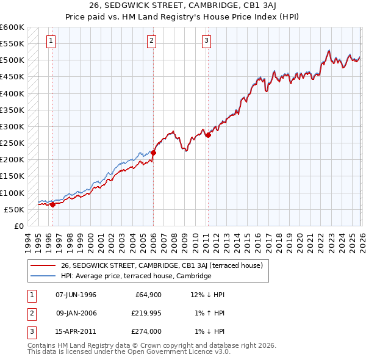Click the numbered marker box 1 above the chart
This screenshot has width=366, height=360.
pos(50,41)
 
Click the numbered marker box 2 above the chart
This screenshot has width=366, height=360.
pos(151,41)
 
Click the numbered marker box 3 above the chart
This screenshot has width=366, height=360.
pos(207,41)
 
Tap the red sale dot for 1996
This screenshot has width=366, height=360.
pos(52,204)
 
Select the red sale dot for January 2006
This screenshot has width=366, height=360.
pos(153,153)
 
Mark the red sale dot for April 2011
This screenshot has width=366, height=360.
pos(208,135)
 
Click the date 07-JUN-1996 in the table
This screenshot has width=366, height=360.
pos(76,295)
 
